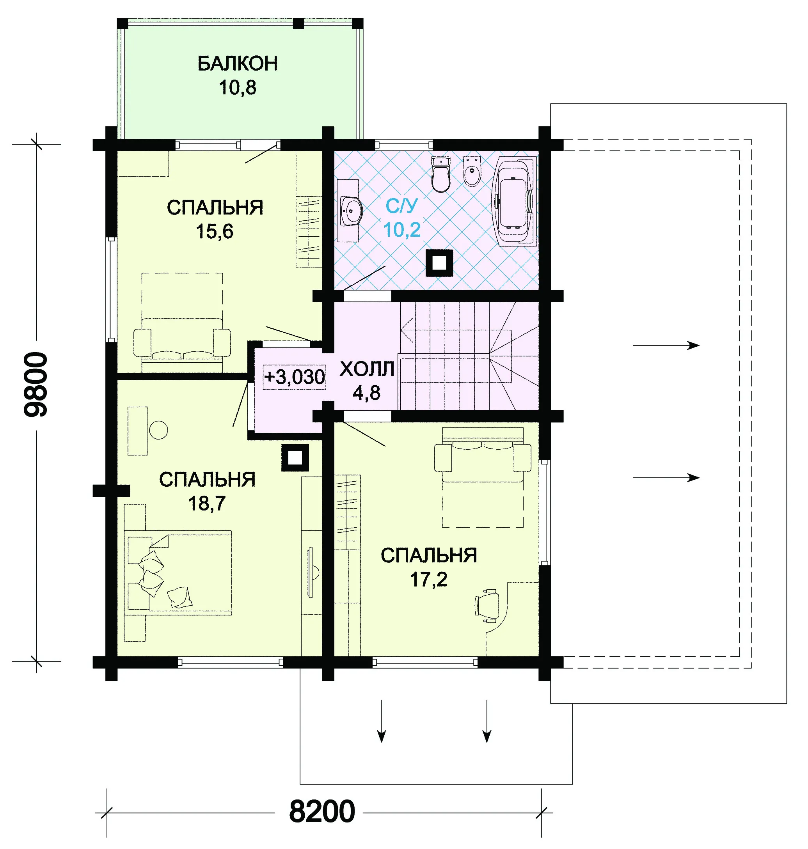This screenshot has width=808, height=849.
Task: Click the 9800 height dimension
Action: pyautogui.click(x=36, y=384)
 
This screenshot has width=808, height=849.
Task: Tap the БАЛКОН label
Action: pyautogui.click(x=237, y=64)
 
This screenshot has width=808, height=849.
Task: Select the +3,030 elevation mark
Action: pyautogui.click(x=294, y=377)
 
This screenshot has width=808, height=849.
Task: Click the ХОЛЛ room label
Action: pyautogui.click(x=367, y=369)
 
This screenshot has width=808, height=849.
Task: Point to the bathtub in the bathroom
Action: pyautogui.click(x=515, y=201)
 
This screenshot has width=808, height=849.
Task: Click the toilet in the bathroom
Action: pyautogui.click(x=440, y=174)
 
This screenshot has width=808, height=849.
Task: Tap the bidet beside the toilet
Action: pyautogui.click(x=472, y=171)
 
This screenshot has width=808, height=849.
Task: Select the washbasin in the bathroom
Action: pyautogui.click(x=351, y=211)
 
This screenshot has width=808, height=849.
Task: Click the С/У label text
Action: pyautogui.click(x=401, y=206)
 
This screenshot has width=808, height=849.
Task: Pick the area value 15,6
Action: pyautogui.click(x=215, y=231)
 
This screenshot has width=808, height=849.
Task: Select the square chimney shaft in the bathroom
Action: pyautogui.click(x=439, y=262)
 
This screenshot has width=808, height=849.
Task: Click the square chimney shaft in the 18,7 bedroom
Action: pyautogui.click(x=295, y=458)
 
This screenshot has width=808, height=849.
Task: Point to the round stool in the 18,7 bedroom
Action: pyautogui.click(x=158, y=430)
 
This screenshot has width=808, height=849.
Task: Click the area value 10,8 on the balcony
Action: pyautogui.click(x=237, y=87)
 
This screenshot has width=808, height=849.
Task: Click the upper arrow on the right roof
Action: pyautogui.click(x=666, y=345)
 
